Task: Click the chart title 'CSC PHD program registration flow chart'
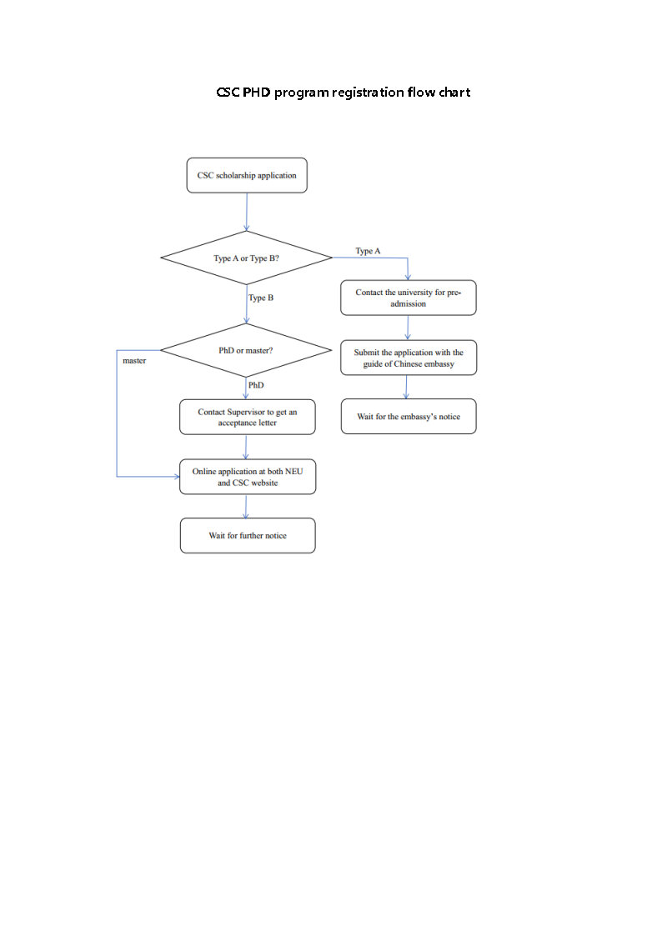(343, 92)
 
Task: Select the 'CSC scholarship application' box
(247, 176)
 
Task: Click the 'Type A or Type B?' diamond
(247, 258)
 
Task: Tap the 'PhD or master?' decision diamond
(247, 350)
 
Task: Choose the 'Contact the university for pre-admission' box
(408, 298)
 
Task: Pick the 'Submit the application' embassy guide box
(408, 358)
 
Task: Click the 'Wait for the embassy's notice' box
(408, 416)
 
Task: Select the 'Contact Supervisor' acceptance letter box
(247, 417)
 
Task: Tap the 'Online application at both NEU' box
(247, 477)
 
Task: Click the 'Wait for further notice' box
(247, 535)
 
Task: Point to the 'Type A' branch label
(368, 251)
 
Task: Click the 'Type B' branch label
(261, 298)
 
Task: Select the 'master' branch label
(134, 361)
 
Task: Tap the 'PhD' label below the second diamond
(256, 385)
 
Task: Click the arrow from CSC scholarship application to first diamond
(247, 212)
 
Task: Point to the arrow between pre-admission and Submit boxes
(408, 327)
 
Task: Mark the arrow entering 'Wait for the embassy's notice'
(407, 387)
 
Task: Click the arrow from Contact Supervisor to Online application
(247, 447)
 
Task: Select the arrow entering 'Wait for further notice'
(246, 506)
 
